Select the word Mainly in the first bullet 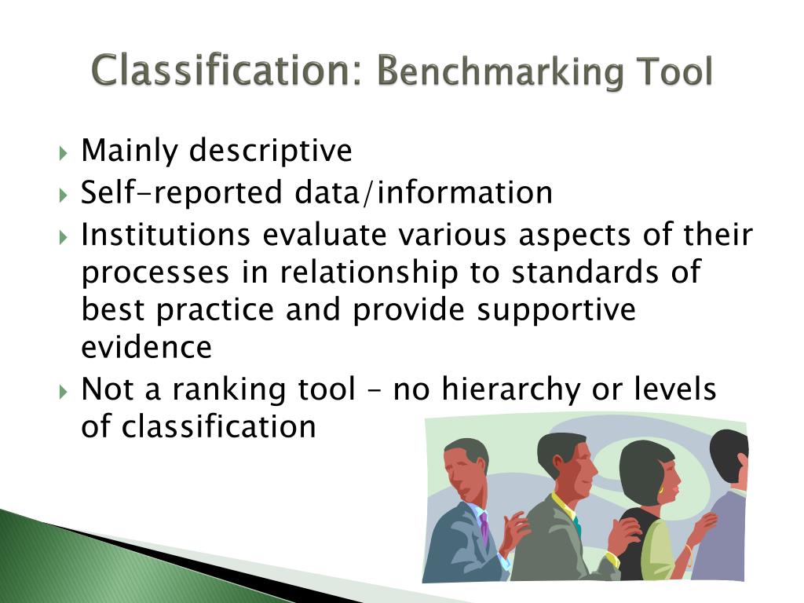point(130,151)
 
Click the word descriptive point(270,151)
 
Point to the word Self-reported point(181,192)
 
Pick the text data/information point(423,192)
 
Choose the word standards point(587,272)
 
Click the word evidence point(146,347)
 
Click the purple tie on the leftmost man point(484,526)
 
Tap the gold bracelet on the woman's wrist point(689,549)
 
